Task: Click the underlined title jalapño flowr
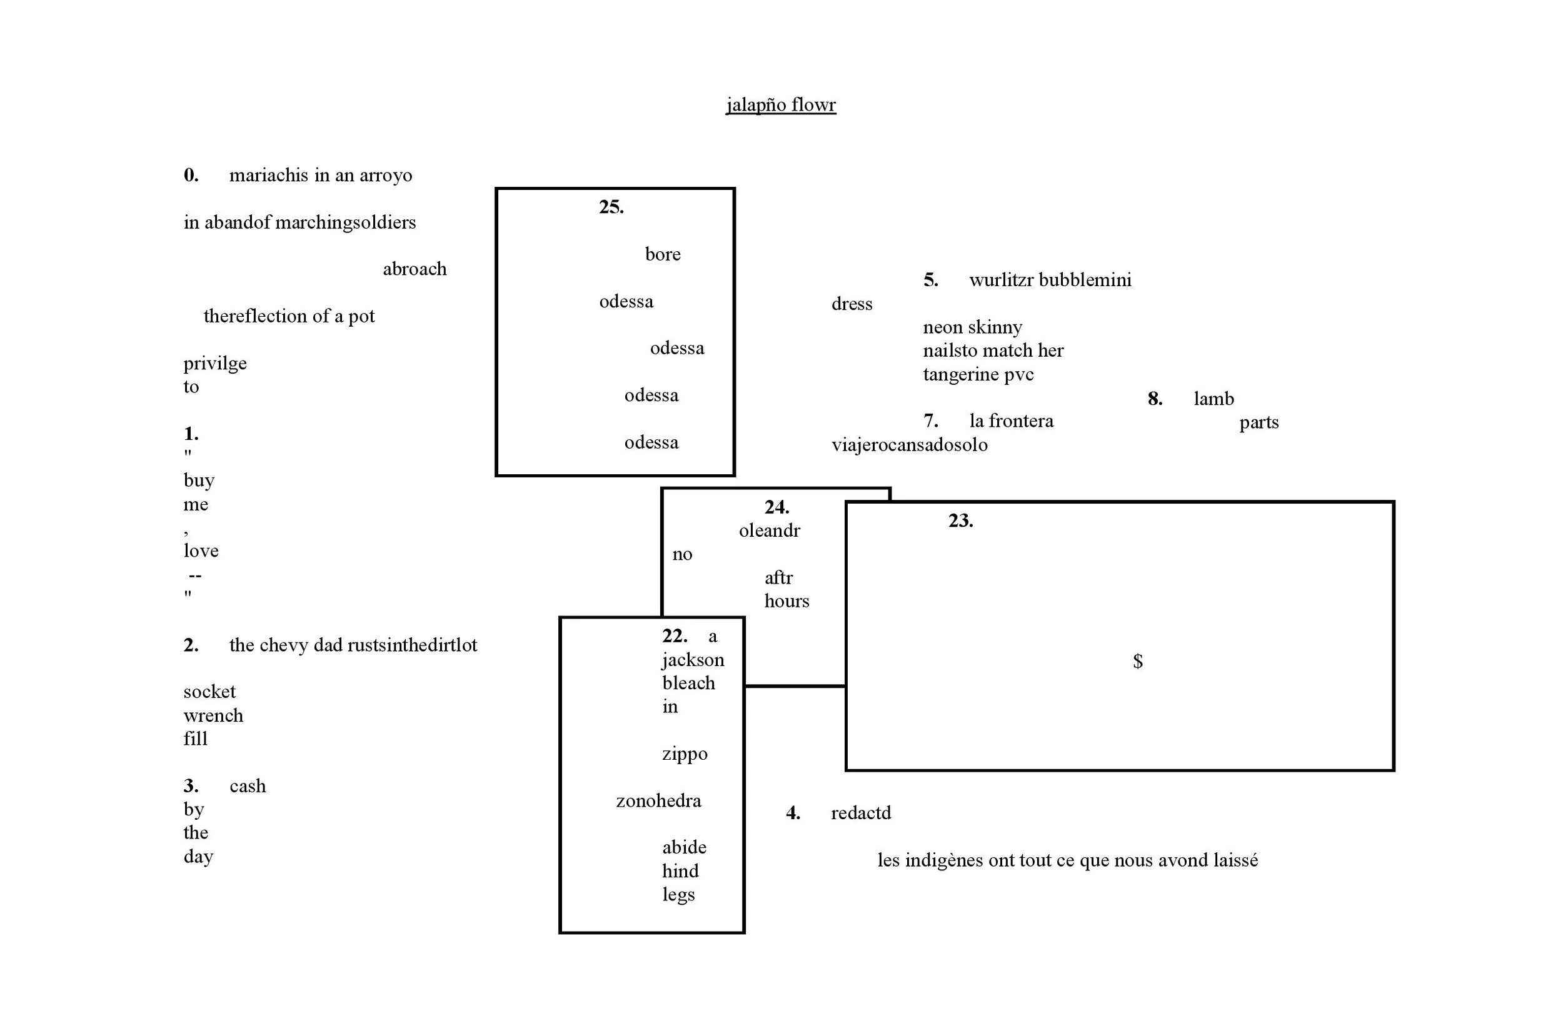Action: [780, 105]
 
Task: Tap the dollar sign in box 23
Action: [1137, 661]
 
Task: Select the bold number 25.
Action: [611, 207]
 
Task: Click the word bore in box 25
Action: [663, 255]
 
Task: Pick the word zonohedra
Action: [658, 801]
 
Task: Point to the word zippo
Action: [685, 754]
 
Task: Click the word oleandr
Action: [769, 530]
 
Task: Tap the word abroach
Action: [415, 269]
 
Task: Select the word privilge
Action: [214, 364]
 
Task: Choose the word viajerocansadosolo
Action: [909, 445]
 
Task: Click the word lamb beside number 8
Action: [1213, 399]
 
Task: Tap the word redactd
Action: [860, 814]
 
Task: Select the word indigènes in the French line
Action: [943, 860]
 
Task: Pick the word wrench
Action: [213, 715]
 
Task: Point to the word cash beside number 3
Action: [248, 787]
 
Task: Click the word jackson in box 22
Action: [693, 660]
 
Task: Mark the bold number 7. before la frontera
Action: [930, 421]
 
